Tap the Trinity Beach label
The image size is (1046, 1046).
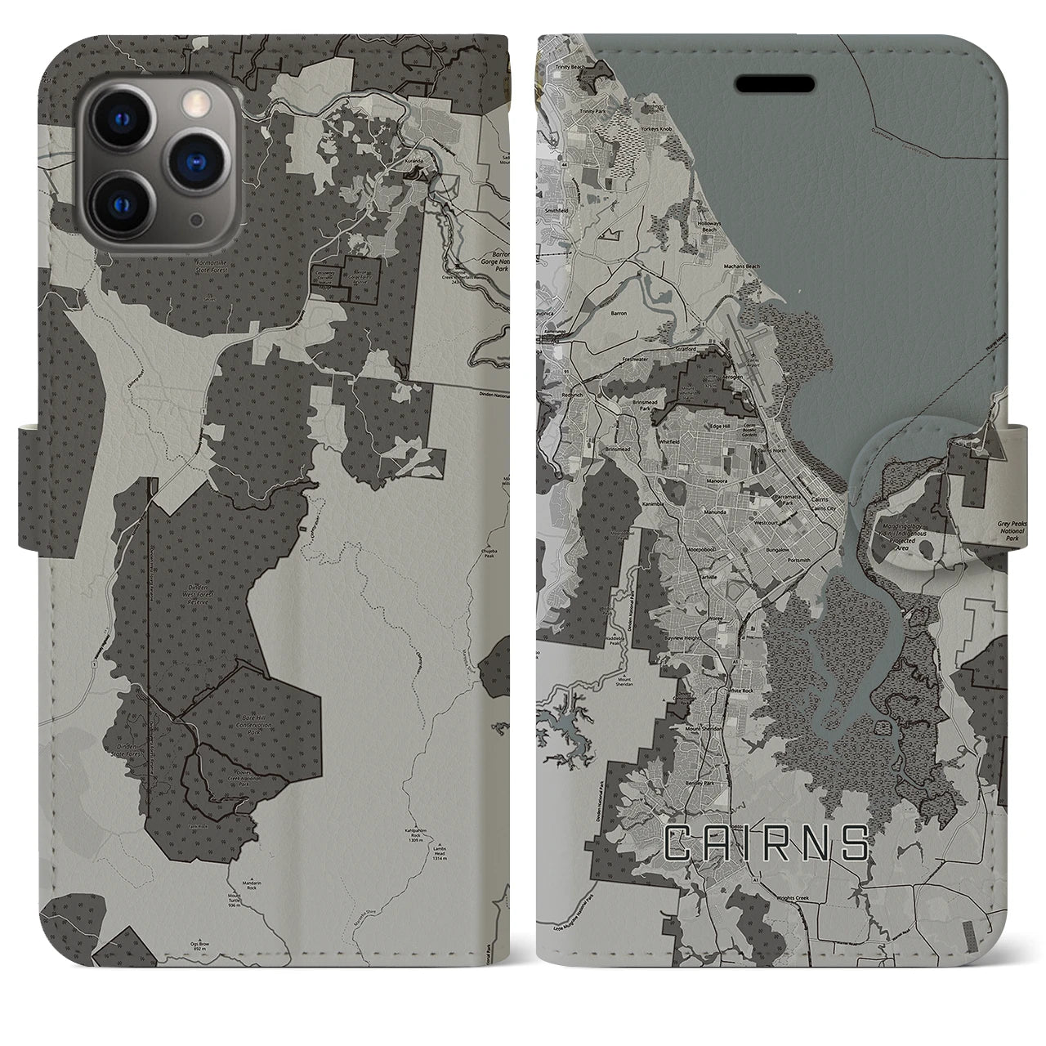tap(572, 66)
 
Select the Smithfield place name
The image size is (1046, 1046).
tap(556, 210)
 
